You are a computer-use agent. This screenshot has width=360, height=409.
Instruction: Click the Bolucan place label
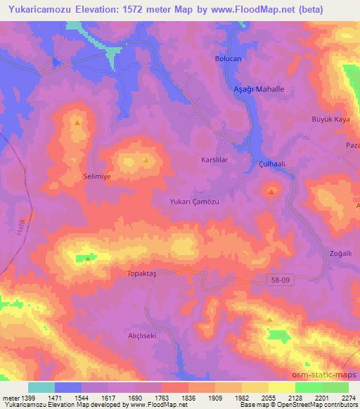point(229,59)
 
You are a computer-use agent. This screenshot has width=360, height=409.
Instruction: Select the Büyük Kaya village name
point(330,119)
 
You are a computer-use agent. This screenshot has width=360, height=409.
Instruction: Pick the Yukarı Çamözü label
point(195,202)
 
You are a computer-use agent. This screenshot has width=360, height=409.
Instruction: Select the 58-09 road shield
point(280,280)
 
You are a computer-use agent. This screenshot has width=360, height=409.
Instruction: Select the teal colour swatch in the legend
point(41,387)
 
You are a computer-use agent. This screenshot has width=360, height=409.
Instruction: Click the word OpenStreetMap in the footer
point(298,405)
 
